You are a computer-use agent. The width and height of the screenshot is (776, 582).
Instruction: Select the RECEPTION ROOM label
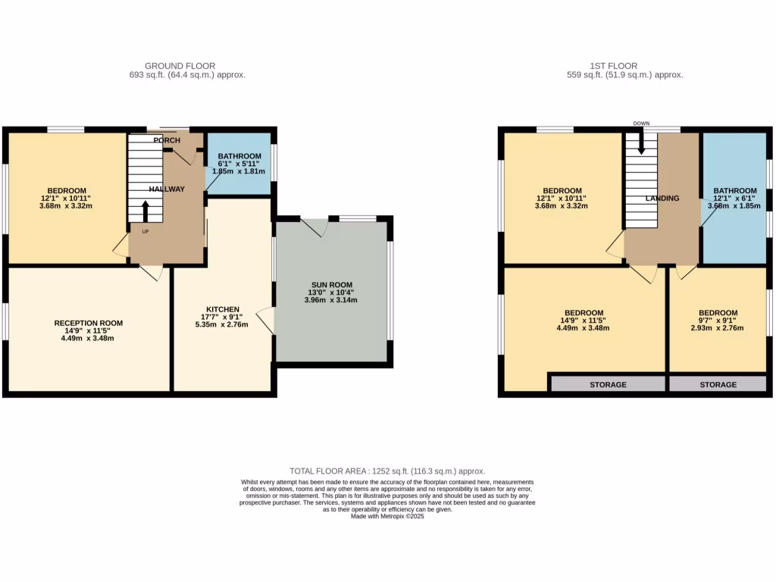pos(89,323)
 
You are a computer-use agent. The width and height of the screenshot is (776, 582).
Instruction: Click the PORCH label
pos(167,140)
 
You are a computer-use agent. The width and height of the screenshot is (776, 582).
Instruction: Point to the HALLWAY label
pos(167,189)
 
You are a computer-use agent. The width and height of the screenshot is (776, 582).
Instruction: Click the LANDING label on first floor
pos(662,198)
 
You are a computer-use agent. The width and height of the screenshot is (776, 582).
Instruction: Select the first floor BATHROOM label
pos(734,191)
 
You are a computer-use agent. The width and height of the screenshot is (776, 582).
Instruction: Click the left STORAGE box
pos(608,384)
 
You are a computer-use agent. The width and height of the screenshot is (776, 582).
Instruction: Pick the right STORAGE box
pos(718,384)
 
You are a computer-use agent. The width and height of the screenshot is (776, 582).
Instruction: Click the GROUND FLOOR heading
pos(180,66)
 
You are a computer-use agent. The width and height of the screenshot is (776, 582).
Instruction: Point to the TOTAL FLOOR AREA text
pos(387,471)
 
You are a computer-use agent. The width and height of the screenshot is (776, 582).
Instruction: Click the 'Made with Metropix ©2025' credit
pos(387,516)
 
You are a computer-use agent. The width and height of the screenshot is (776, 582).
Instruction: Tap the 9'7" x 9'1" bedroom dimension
pos(718,321)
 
